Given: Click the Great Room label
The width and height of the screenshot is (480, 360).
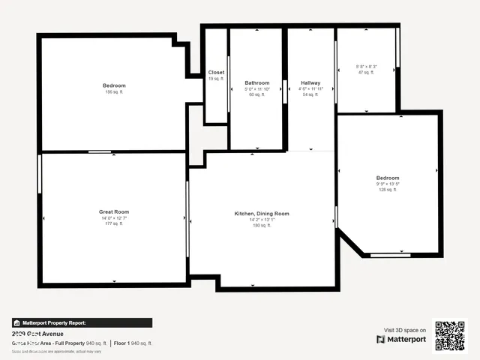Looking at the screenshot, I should pos(114,211).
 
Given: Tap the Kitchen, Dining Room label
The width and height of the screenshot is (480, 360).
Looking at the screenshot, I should pos(262,214).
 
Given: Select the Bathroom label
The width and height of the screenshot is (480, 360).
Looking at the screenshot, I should pos(257,82).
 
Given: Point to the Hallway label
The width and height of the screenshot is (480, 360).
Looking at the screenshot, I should pos(310,82).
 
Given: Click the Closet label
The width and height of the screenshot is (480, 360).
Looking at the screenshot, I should pos(216,73).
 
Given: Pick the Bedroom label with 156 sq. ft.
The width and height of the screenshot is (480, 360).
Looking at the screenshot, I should pos(114,85).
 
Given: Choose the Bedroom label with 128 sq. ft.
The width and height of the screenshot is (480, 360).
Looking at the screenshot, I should pos(388,178).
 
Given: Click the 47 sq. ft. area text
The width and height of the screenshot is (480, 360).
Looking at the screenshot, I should pos(367,73).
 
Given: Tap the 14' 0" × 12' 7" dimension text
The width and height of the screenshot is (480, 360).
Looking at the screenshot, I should pos(114,218).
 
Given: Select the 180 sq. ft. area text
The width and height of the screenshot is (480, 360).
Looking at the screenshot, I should pos(262,226).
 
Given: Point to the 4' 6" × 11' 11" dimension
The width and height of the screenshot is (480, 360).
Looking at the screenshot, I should pos(310,89).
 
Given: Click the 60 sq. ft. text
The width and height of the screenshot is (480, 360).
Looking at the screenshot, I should pos(257,95).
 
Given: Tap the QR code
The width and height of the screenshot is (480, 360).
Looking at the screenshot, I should pos(451,336).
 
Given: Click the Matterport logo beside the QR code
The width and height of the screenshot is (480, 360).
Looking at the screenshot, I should pos(401,340).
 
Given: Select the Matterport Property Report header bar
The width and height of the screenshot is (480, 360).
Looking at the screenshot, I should pos(82,323).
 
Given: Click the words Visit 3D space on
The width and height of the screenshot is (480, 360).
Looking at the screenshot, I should pos(405,330).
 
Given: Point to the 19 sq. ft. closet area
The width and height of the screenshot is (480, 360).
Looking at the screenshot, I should pos(216,79).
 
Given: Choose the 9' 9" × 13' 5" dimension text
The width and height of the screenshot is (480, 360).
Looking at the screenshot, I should pos(388,184).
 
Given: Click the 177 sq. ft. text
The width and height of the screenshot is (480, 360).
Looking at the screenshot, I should pos(114,224).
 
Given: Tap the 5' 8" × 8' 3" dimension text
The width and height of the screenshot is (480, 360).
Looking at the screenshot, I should pos(367,67).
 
